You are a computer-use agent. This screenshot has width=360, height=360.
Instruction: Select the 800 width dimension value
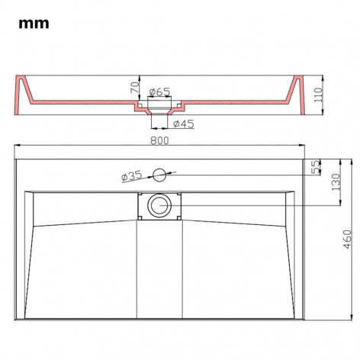pyautogui.click(x=159, y=140)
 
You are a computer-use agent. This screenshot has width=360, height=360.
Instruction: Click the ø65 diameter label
pyautogui.click(x=159, y=92)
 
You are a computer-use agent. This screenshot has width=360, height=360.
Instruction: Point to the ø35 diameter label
pyautogui.click(x=132, y=177)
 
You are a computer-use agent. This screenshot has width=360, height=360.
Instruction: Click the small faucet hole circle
pyautogui.click(x=159, y=175)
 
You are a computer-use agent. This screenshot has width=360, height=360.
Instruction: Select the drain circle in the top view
pyautogui.click(x=159, y=204)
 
